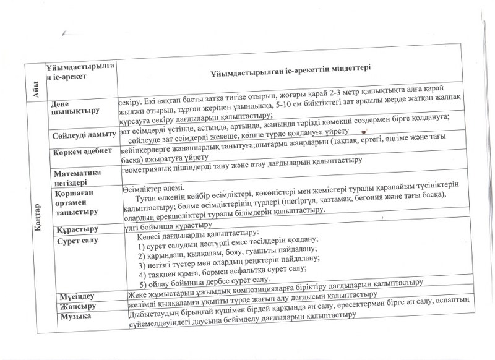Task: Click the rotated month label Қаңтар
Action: click(x=37, y=207)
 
